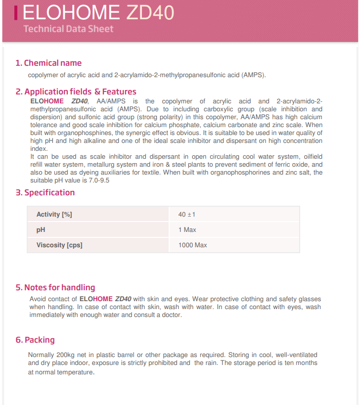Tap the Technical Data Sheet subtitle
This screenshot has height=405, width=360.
[68, 29]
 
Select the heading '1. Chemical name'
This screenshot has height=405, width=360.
[48, 63]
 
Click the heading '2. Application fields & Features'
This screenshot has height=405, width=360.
[76, 91]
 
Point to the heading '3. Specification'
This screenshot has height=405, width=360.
[45, 192]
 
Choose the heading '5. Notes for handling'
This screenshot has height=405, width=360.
[55, 287]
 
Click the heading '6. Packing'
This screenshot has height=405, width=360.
[35, 340]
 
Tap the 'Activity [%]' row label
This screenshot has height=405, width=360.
[54, 214]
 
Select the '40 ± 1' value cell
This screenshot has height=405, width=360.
[186, 214]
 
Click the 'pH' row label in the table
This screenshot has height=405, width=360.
[41, 229]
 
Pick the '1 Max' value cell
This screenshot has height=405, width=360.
[187, 229]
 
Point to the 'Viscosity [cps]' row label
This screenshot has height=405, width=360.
[59, 245]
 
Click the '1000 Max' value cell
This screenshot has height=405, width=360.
[192, 245]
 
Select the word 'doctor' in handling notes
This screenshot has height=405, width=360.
[171, 315]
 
